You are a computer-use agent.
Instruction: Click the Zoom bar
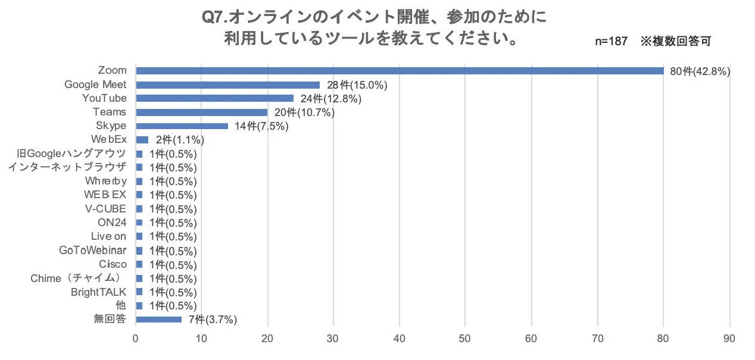coord(399,71)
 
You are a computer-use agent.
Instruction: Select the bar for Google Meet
coord(227,84)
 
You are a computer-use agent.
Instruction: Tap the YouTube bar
coord(214,98)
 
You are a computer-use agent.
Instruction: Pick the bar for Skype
coord(182,126)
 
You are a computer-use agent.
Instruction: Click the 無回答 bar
coord(158,320)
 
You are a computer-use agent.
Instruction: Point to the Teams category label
coord(110,112)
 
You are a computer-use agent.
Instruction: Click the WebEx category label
coord(110,140)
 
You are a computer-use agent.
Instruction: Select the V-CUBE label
coord(106,209)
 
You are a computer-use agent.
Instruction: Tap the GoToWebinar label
coord(93,251)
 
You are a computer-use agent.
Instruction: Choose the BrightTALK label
coord(99,292)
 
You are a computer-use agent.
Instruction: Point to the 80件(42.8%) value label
coord(700,71)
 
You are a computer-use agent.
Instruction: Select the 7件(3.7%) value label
coord(213,320)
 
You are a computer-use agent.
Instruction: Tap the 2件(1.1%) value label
coord(180,140)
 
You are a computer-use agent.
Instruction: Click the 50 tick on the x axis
coord(466,339)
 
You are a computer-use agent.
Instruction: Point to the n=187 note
coord(611,42)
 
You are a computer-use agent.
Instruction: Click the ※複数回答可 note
coord(676,42)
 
